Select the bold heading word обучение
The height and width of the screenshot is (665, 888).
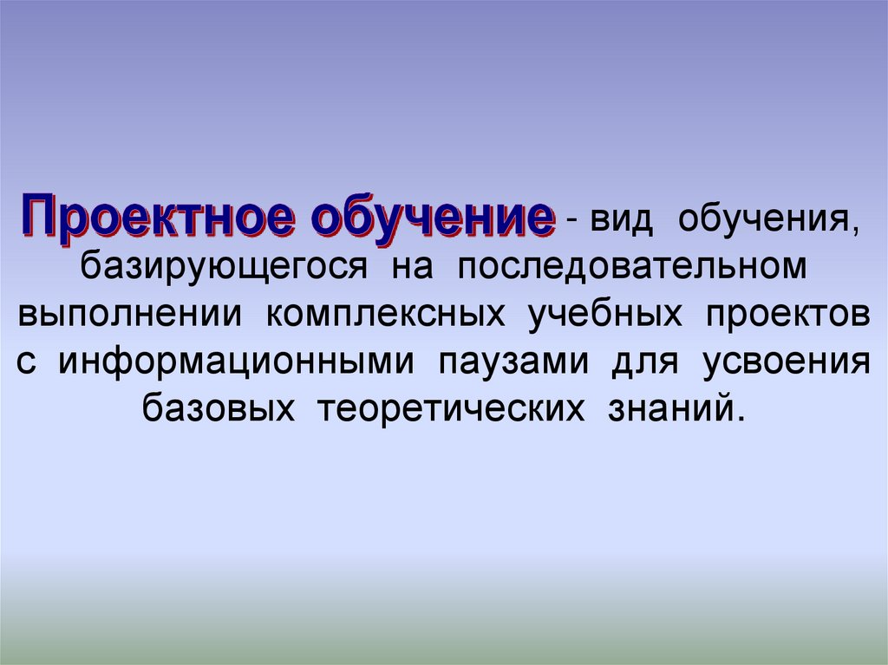[x=433, y=216]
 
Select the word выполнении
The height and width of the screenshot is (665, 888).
[x=130, y=314]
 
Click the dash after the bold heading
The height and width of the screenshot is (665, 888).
[x=573, y=224]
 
